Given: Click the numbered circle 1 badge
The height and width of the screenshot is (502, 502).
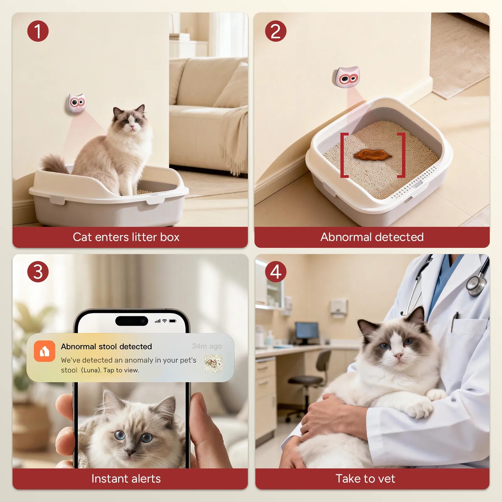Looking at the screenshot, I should point(38,31).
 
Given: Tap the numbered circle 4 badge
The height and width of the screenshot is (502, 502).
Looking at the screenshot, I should point(275,272).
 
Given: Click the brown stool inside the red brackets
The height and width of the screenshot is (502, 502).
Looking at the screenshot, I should point(372,155).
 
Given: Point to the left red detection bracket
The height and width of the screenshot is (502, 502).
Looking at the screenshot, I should point(344,155).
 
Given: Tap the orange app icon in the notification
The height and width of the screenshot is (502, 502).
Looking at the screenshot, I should point(45,351).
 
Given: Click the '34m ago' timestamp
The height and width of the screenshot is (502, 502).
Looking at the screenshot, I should point(207,346).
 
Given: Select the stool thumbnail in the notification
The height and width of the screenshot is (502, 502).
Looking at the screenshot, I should point(213,364).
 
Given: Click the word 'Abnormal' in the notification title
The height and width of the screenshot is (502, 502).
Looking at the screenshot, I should point(78,346).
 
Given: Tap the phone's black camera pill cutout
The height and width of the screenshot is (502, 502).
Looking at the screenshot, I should point(131,321).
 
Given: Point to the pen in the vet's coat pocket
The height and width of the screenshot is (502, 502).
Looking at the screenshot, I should point(454,322).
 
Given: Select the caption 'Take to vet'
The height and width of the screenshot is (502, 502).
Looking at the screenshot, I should point(365,479).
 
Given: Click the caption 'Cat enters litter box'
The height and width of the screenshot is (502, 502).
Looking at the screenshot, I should point(126,237).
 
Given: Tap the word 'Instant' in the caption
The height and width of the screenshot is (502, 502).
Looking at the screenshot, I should point(105,479).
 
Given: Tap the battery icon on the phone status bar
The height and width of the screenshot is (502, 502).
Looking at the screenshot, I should point(173,321).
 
